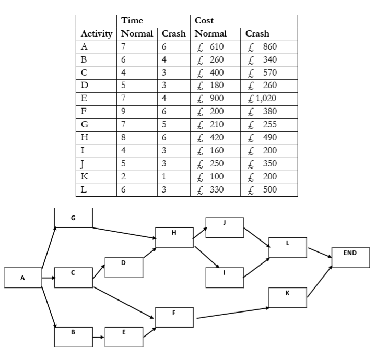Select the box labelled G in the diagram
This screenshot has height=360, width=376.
(x=73, y=218)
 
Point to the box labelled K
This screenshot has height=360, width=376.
(x=288, y=297)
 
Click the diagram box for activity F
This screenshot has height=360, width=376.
(x=174, y=317)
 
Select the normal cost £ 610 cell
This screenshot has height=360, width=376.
(x=214, y=46)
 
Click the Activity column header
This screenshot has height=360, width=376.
(x=96, y=33)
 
